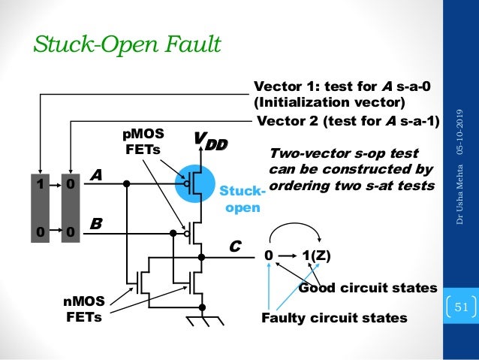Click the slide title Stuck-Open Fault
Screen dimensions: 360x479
[x=126, y=45]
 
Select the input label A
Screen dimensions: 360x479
[x=95, y=174]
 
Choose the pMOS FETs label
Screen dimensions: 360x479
[x=143, y=141]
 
